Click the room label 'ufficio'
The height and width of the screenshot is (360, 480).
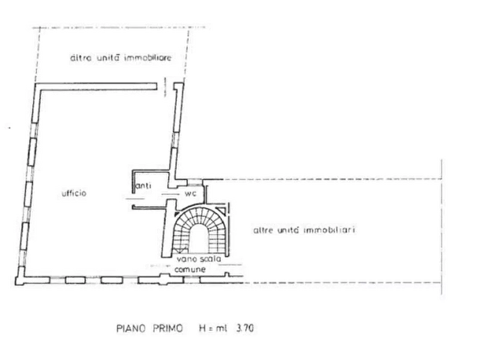point(74,193)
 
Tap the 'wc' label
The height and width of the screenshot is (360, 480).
point(190,194)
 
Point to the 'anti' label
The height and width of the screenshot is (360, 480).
point(144,185)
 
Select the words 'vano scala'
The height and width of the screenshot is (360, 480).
point(199,259)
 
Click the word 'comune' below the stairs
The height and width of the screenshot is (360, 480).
point(190,269)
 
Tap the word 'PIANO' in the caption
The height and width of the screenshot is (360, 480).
point(131,328)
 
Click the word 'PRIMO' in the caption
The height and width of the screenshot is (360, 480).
point(168,328)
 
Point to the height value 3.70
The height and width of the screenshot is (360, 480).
point(245,328)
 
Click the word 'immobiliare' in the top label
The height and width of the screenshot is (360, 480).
point(148,57)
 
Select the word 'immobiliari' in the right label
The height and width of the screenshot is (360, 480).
point(329,229)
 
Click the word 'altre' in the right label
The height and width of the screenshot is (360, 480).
point(263,230)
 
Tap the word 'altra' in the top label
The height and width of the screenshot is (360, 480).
point(81,58)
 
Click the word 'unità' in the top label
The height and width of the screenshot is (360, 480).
point(108,57)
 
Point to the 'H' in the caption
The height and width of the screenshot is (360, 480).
point(203,328)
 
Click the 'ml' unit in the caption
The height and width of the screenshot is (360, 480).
point(221,328)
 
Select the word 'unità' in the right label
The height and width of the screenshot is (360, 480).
point(288,229)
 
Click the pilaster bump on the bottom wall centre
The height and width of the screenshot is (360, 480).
point(164,279)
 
